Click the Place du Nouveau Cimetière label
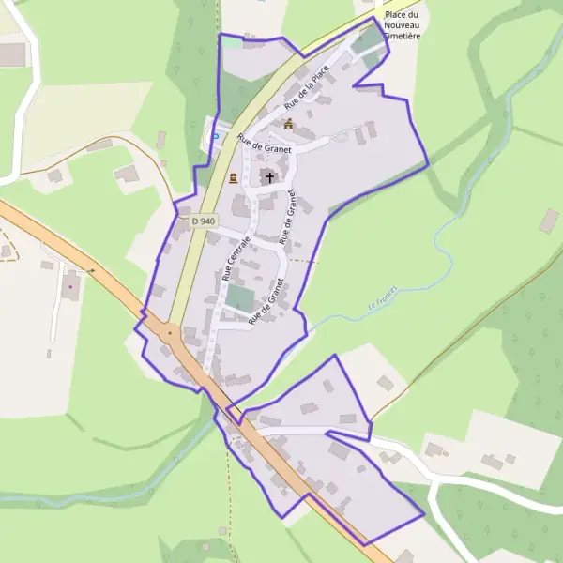pyautogui.click(x=399, y=25)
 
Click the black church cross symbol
pyautogui.click(x=270, y=176)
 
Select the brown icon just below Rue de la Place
pyautogui.click(x=289, y=124)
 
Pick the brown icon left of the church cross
pyautogui.click(x=234, y=177)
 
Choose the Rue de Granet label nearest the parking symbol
pyautogui.click(x=265, y=145)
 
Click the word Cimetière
pyautogui.click(x=399, y=36)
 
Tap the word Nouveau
pyautogui.click(x=400, y=25)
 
